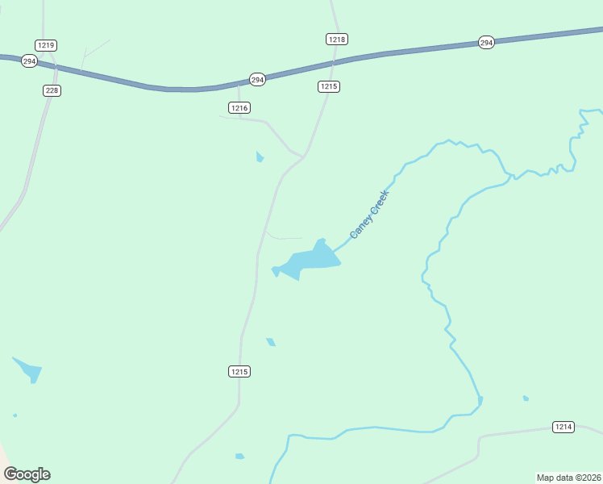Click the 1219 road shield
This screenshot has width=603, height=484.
coord(46,45)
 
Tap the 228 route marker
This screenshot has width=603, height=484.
coord(52,90)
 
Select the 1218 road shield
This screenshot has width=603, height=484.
coord(337,39)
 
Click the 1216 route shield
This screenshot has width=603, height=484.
coord(239,107)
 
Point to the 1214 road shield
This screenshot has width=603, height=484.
coord(563,426)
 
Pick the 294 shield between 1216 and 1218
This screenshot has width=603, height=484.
coord(257,79)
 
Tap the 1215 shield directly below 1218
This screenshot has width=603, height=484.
coord(329,86)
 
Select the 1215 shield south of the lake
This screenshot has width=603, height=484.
coord(239,371)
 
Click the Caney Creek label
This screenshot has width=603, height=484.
coord(369,214)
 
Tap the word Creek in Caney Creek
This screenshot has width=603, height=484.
coord(379,201)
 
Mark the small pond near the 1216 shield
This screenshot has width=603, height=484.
coord(260,156)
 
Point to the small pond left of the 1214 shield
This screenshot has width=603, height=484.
coord(526,398)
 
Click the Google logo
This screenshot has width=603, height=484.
coord(27,474)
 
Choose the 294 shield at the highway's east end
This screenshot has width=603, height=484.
coord(485,42)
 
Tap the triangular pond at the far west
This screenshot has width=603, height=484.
coord(29,370)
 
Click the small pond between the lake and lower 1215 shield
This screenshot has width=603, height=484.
coord(271,342)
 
